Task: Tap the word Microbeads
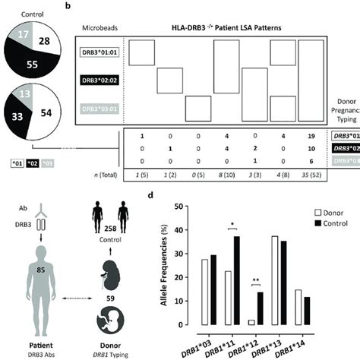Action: point(101,27)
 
